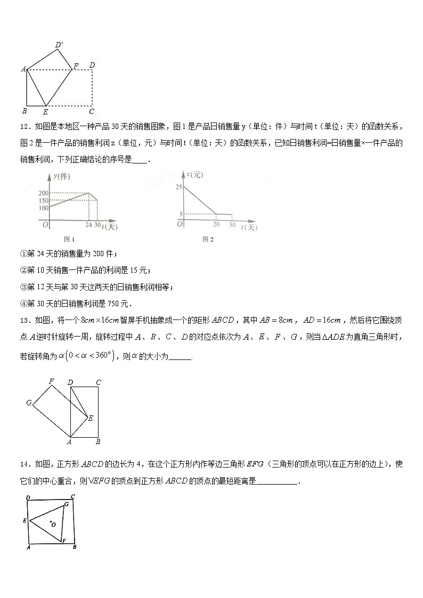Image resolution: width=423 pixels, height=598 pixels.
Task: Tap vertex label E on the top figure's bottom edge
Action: tap(45, 112)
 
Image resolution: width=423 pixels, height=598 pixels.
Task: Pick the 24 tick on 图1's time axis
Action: tap(88, 225)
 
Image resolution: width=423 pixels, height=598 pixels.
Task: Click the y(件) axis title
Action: tap(61, 176)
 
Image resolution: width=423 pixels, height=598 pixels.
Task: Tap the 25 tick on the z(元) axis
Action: tap(178, 187)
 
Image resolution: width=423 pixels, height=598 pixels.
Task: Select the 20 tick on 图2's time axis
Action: tap(216, 225)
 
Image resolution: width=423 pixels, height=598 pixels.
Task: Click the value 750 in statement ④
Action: tap(114, 304)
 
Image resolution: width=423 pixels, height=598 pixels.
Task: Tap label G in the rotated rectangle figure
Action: tap(29, 403)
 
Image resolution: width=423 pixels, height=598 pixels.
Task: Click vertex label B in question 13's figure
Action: tap(97, 442)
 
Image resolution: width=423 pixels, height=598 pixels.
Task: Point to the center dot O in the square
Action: tap(50, 522)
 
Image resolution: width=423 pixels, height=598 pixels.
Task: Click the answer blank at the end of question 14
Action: tap(277, 481)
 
